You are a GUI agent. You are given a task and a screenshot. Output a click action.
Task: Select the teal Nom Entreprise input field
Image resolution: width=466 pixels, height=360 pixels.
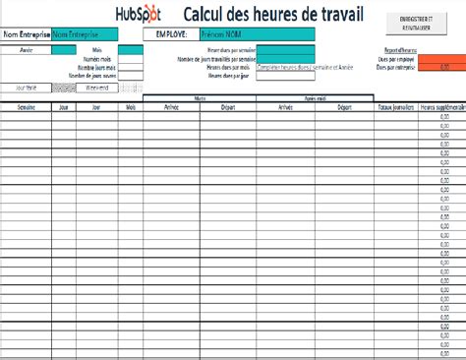coord(84,33)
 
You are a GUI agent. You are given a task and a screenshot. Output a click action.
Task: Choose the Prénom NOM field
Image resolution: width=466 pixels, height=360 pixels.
coord(241,33)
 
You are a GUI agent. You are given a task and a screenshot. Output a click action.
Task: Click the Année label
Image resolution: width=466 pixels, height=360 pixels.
coord(26,48)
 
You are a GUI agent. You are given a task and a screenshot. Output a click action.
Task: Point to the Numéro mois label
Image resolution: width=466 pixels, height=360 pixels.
coord(96,60)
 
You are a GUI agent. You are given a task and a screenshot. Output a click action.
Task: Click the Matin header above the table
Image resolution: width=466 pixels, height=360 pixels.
coord(200,98)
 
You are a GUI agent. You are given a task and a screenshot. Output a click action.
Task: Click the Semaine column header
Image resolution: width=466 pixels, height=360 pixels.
coord(26,105)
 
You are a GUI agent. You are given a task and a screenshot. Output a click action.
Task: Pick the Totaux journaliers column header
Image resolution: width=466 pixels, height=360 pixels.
coord(394,105)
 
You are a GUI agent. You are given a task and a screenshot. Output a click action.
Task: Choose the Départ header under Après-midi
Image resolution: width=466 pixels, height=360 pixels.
coord(344,105)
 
